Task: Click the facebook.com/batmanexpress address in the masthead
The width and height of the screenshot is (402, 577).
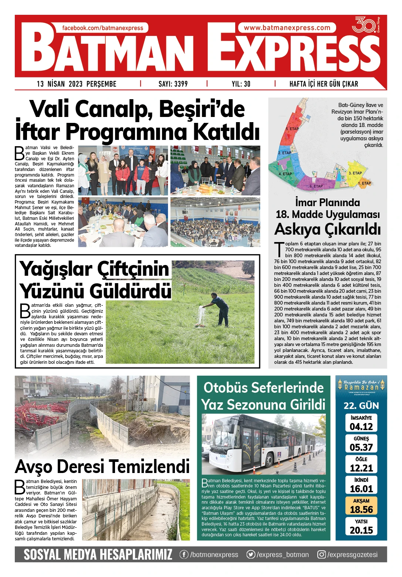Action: (102, 28)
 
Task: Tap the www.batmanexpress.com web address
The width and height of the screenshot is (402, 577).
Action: (287, 28)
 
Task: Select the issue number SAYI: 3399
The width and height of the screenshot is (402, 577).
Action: (173, 84)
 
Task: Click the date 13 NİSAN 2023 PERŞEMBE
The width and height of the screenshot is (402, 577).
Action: (77, 84)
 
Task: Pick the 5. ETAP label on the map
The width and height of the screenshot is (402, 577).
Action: (292, 129)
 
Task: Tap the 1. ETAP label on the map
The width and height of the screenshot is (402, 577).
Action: (364, 183)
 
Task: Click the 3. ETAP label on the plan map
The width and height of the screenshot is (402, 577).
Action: (355, 173)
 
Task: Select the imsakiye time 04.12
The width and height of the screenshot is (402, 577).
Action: (361, 427)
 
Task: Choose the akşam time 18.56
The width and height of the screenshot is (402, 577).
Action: (361, 510)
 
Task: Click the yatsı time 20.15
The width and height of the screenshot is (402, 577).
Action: (361, 530)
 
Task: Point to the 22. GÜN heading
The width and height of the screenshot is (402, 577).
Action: (361, 406)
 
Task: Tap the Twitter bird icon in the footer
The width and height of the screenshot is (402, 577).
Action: (251, 554)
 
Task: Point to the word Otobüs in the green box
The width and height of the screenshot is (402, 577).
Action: (226, 388)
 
